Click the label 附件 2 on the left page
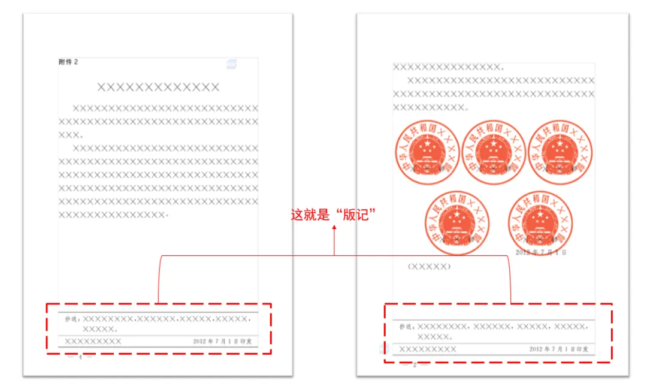point(68,62)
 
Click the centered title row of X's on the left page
point(158,88)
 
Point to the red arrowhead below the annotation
point(334,236)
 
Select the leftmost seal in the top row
point(427,152)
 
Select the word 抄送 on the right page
point(407,327)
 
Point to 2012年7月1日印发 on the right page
point(558,349)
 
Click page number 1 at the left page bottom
point(80,358)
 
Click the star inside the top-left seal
point(427,144)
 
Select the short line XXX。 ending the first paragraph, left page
point(71,135)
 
